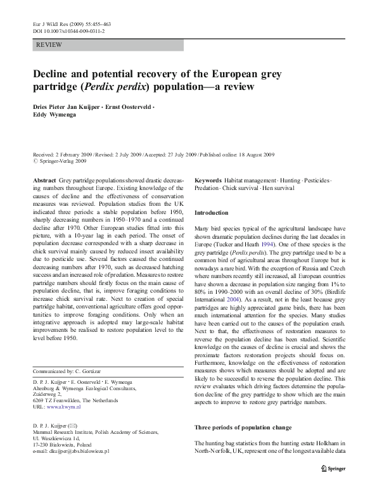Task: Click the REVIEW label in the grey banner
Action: coord(49,45)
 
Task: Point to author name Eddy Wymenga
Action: coord(54,117)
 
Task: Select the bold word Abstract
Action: coord(44,181)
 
